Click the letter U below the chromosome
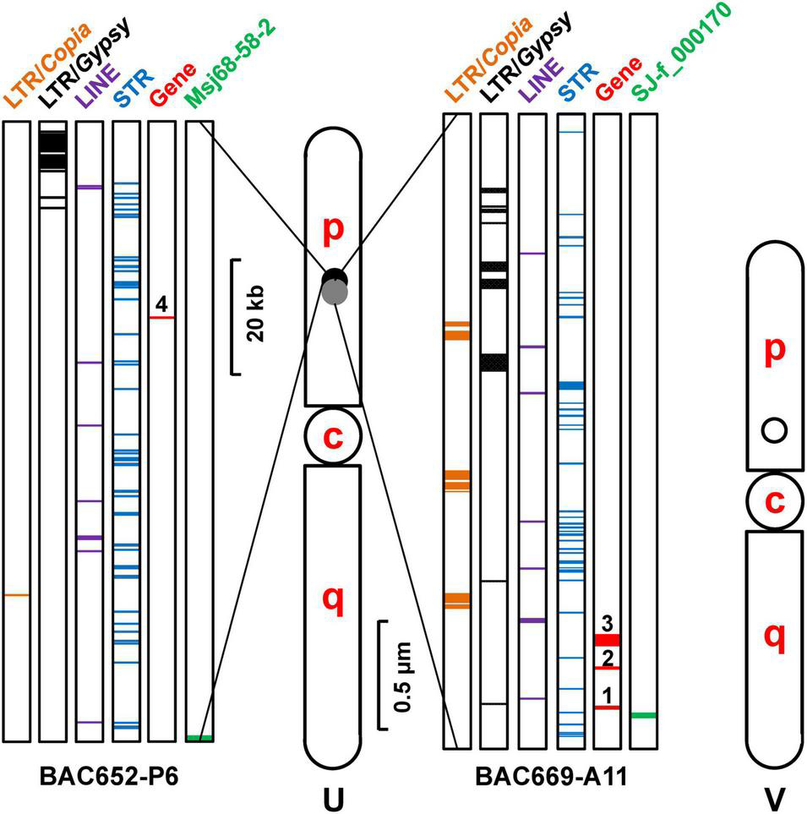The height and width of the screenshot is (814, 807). pos(334,798)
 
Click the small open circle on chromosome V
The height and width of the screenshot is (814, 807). pos(774,431)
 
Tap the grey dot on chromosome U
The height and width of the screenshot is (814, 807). pos(335,292)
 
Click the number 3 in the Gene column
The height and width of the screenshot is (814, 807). pos(607,624)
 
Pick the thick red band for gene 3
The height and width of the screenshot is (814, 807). pos(607,639)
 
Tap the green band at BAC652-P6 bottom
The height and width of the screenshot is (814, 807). pos(199,739)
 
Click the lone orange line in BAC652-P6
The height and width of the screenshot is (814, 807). pos(16,595)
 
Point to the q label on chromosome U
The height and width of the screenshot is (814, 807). pos(334,600)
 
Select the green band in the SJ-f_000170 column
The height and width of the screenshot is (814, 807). pos(644,715)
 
